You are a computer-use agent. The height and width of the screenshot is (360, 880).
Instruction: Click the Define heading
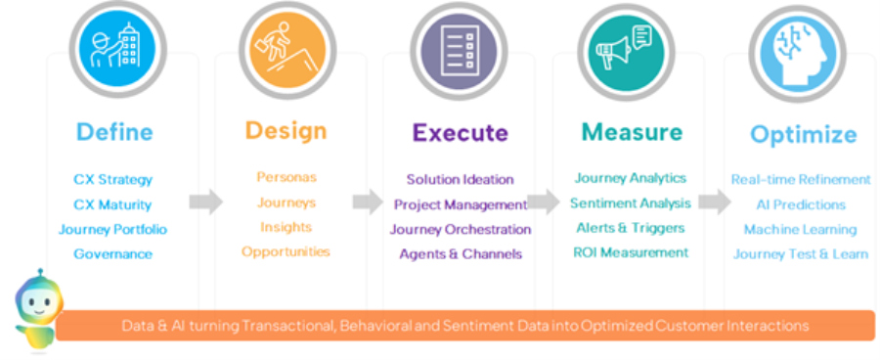click(x=113, y=132)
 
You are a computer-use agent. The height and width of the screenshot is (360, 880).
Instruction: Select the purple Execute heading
click(x=460, y=133)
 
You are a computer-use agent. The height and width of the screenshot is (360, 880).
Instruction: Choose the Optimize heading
click(x=803, y=135)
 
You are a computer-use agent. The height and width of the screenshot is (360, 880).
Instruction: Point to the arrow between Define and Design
click(x=205, y=202)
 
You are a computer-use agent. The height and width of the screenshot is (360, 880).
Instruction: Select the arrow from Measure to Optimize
click(x=715, y=202)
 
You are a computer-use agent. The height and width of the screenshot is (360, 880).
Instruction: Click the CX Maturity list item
click(x=112, y=204)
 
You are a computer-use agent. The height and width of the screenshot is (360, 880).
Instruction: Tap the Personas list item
click(x=286, y=177)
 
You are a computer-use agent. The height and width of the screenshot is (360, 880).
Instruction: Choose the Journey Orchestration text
click(x=460, y=229)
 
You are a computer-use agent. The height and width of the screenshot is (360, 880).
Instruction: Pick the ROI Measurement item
click(x=631, y=252)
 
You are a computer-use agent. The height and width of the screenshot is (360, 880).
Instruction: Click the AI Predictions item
click(x=800, y=204)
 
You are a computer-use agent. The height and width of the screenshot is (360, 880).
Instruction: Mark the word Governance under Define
click(x=112, y=254)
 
